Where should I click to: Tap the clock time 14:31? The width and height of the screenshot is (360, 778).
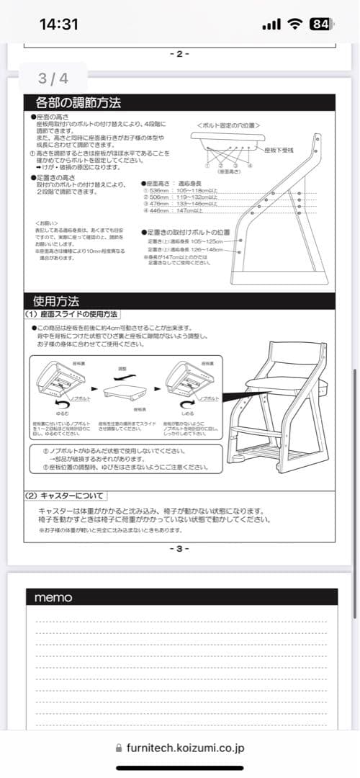[x=58, y=24]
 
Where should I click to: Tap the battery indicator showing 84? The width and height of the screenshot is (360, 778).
[x=320, y=24]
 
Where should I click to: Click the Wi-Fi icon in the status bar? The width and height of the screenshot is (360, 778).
[x=294, y=24]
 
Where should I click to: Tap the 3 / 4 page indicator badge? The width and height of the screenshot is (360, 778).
[x=53, y=77]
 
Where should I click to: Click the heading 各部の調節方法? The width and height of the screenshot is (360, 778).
[x=78, y=102]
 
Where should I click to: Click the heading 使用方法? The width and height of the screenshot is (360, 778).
[x=56, y=300]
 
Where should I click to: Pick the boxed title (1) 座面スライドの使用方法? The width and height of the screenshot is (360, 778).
[x=71, y=314]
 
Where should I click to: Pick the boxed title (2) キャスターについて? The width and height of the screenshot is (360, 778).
[x=66, y=496]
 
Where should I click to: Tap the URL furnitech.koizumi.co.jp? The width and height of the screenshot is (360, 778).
[x=186, y=748]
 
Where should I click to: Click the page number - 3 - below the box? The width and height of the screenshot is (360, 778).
[x=179, y=548]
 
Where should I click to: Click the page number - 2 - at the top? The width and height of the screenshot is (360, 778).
[x=179, y=53]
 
